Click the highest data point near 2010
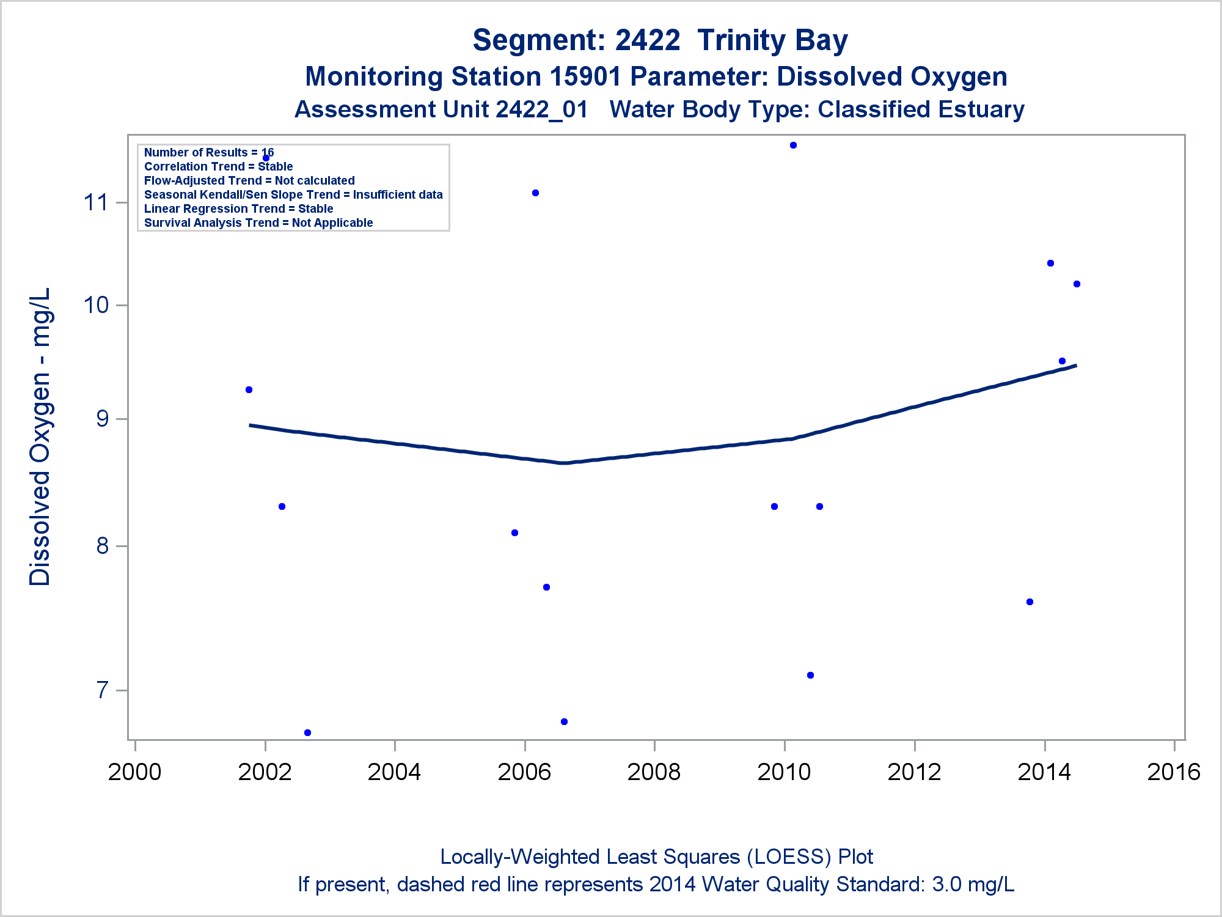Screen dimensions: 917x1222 point(793,145)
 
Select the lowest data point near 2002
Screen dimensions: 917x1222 point(308,732)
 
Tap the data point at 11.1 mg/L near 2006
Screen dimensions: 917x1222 point(535,193)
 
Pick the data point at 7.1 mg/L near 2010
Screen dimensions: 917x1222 point(810,676)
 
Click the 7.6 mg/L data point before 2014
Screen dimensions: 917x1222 point(1030,602)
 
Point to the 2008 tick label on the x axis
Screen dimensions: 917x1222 point(654,772)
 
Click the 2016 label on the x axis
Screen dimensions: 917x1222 point(1174,772)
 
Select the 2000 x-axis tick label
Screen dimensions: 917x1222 point(134,772)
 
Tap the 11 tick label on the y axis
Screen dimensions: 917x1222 point(96,202)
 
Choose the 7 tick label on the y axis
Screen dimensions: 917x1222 point(102,691)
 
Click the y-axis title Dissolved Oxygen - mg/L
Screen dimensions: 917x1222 point(40,436)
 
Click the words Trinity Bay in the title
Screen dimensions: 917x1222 point(772,40)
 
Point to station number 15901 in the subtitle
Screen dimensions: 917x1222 point(585,77)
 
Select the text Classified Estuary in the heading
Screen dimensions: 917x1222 point(921,110)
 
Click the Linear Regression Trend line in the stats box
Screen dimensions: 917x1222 point(238,209)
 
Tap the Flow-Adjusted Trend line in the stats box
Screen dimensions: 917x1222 point(249,181)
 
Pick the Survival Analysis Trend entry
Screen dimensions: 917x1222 point(258,223)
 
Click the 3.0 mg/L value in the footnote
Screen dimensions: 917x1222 point(973,885)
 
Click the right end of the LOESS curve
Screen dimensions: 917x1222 point(1075,366)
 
